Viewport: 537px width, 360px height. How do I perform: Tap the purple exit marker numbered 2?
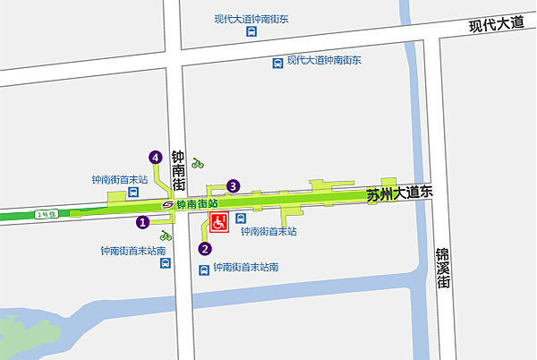(x=204, y=249)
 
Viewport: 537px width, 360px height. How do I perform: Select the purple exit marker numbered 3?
(x=234, y=186)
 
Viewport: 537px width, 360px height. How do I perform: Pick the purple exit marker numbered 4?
(x=156, y=158)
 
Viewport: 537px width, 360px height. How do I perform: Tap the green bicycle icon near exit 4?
(x=198, y=164)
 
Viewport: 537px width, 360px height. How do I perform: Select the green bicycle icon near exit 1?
(x=166, y=236)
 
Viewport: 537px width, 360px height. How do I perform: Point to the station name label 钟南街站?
(x=197, y=204)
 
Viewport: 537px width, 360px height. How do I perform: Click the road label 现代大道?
(x=497, y=24)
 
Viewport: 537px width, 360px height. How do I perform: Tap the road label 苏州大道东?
(x=399, y=193)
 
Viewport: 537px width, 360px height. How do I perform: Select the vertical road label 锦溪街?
(x=442, y=268)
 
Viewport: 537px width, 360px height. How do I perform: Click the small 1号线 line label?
(x=46, y=214)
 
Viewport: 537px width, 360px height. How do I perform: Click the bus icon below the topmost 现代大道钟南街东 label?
(x=252, y=32)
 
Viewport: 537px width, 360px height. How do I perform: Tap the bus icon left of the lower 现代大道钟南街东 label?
(x=278, y=63)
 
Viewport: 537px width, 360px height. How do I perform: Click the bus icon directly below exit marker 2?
(x=204, y=268)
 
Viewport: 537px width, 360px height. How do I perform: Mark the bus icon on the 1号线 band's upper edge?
(x=132, y=191)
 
